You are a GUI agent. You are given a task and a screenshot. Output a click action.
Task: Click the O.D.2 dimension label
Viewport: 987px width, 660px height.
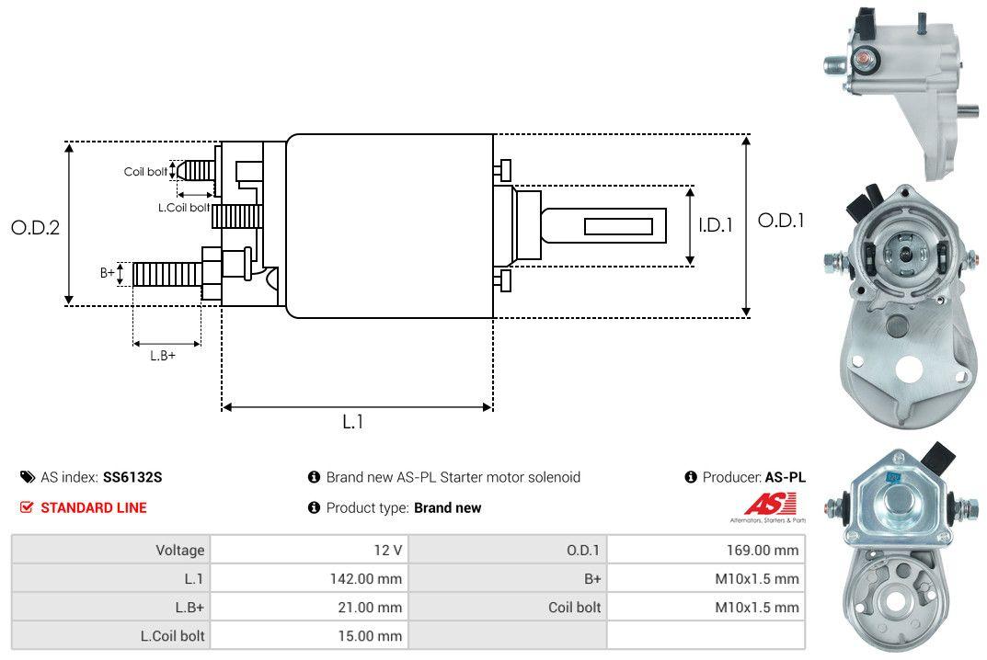pos(35,227)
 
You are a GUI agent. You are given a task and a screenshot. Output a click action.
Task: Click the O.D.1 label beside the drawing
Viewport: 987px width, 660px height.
pos(781,221)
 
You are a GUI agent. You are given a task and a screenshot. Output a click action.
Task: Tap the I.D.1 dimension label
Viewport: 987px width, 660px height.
pos(715,223)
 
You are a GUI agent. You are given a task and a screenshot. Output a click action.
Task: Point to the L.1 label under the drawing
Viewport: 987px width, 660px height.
pos(353,422)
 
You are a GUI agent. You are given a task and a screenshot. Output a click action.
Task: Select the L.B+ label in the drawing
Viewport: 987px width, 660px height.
pos(163,356)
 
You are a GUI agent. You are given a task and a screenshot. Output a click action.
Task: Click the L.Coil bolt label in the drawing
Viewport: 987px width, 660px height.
pos(184,208)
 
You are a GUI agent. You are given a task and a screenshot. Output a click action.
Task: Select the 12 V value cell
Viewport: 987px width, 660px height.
pos(387,551)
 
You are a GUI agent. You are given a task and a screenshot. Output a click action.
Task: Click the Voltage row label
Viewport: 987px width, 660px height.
pos(180,551)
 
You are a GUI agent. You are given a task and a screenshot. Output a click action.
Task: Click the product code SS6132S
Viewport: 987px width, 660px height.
pos(132,477)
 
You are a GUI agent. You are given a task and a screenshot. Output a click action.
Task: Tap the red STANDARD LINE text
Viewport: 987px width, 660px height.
pos(93,507)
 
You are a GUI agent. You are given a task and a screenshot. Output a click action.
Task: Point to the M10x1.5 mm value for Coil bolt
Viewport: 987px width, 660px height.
pos(757,607)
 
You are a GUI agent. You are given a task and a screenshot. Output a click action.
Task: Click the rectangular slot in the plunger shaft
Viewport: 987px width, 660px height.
pos(618,226)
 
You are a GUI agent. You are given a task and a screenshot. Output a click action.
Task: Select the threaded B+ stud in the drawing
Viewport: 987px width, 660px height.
pos(166,273)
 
